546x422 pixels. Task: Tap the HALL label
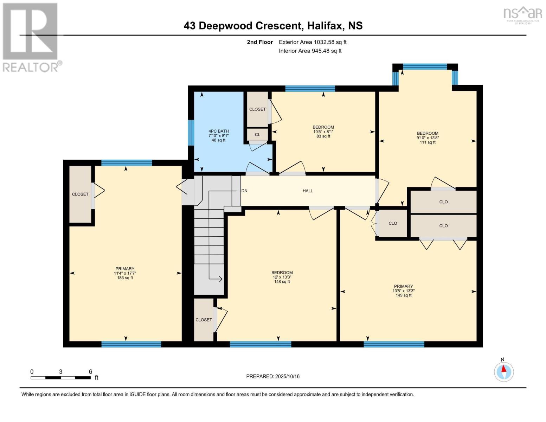click(308, 191)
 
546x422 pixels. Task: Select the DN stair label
click(244, 191)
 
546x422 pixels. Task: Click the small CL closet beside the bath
click(257, 134)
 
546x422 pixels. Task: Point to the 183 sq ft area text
click(125, 278)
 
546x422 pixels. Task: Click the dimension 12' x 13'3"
click(282, 277)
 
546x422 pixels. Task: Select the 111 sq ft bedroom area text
click(428, 142)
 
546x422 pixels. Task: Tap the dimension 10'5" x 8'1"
click(323, 132)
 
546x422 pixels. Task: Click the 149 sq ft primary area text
click(403, 295)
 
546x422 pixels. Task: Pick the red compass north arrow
click(504, 369)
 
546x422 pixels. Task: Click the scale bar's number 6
click(90, 372)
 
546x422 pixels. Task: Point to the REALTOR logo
click(31, 37)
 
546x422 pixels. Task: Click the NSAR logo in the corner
click(523, 14)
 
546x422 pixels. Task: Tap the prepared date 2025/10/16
click(287, 376)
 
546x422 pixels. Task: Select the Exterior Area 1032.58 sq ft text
click(313, 42)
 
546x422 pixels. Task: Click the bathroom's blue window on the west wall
click(191, 133)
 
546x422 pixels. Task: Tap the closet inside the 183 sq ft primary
click(80, 194)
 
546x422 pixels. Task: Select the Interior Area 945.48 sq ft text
click(310, 51)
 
